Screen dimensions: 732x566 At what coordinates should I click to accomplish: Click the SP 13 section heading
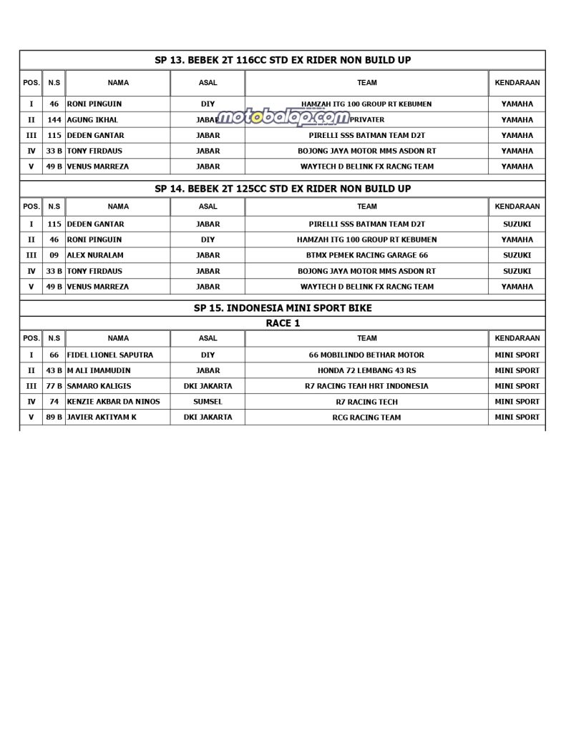(x=283, y=60)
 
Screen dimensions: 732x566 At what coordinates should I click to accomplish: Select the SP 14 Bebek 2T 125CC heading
(x=283, y=189)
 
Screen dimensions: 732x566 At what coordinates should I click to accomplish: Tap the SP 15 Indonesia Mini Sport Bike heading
(x=283, y=308)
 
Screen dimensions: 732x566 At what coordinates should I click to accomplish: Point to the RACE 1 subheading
(x=283, y=323)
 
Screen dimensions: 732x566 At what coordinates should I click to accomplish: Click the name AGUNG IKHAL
(x=93, y=120)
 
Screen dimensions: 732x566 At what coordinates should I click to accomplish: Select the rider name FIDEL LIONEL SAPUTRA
(x=110, y=355)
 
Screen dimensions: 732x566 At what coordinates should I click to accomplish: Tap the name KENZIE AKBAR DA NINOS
(x=114, y=402)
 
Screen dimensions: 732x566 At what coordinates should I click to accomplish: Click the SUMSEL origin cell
(x=208, y=402)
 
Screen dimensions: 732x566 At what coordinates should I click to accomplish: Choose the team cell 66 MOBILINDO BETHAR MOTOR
(x=366, y=355)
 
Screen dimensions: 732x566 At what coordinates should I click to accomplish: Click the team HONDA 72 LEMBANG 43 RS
(x=366, y=370)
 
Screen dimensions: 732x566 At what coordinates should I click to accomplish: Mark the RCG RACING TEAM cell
(x=366, y=417)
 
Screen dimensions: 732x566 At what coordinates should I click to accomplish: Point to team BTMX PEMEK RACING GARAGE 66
(x=366, y=255)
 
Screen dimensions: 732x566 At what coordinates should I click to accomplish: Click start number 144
(x=54, y=120)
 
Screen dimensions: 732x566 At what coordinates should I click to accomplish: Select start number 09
(x=54, y=255)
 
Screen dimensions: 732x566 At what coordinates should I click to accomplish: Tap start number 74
(x=54, y=402)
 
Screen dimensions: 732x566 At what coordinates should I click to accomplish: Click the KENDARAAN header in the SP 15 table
(x=517, y=338)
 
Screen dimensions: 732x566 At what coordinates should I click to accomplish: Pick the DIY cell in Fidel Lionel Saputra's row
(x=208, y=355)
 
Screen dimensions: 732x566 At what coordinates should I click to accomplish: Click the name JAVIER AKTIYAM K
(x=102, y=417)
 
